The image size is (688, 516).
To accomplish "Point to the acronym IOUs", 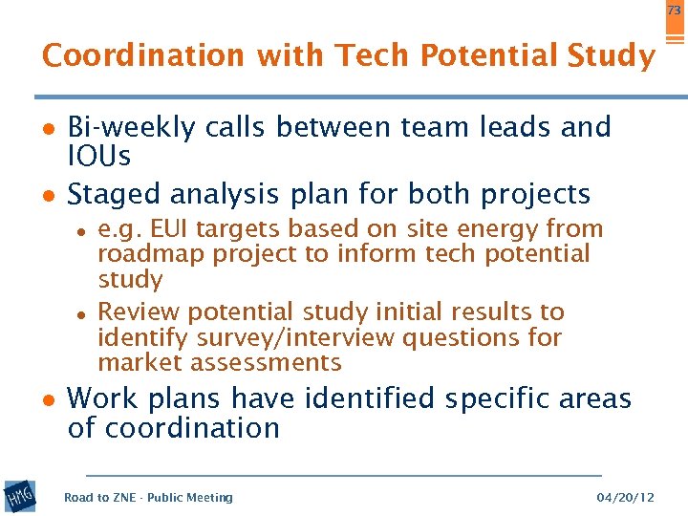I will (99, 156).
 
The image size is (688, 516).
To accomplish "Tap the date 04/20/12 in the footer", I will (625, 498).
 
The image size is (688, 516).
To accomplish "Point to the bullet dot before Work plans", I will (49, 399).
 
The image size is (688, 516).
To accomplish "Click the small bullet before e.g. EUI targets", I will (83, 230).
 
